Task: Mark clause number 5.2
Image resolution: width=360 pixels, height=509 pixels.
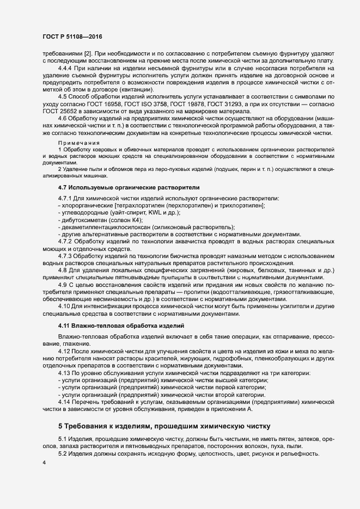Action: (x=63, y=453)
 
